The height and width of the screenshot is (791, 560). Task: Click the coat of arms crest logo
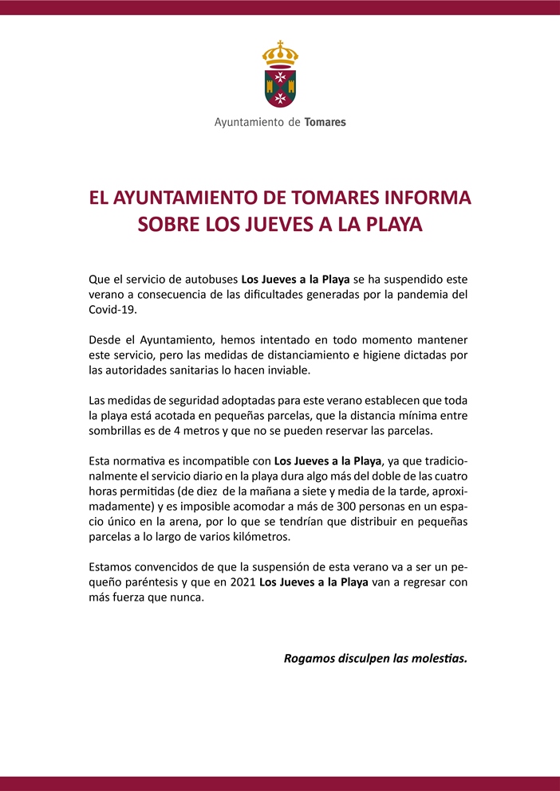coord(280,76)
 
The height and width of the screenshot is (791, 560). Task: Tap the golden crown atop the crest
coord(280,54)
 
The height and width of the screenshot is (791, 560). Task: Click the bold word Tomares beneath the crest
coord(325,123)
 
